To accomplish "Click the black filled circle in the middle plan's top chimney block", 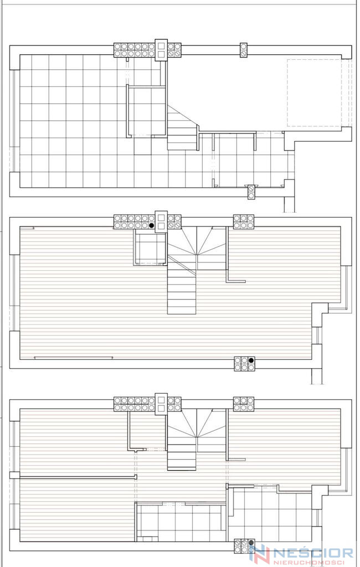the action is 152,225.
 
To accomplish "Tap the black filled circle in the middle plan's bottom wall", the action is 251,360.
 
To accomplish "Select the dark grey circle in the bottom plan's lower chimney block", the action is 251,543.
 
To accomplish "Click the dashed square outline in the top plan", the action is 315,93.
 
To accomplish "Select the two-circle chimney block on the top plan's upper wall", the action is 244,50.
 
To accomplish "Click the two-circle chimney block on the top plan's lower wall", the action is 251,192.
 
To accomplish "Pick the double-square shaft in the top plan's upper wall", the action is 161,49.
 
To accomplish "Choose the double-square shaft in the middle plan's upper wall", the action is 161,221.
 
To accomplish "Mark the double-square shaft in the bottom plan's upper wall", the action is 161,403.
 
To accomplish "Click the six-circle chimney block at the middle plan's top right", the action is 244,221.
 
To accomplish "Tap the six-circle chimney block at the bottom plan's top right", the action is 244,404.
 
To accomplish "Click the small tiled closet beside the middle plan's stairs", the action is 150,248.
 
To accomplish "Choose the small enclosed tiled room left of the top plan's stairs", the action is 146,111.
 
